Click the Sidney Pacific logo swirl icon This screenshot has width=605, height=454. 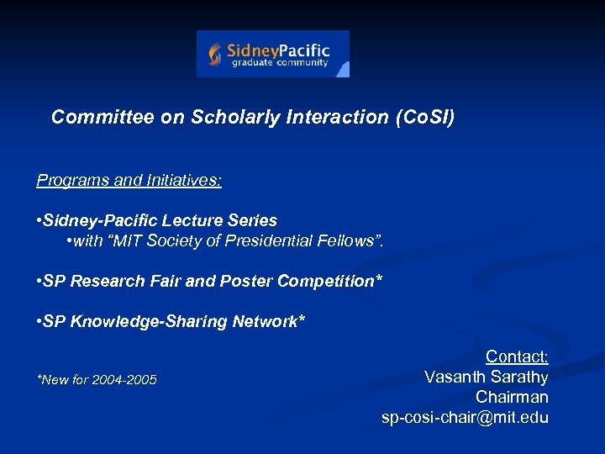tap(215, 55)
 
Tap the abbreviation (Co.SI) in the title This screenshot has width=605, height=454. tap(424, 118)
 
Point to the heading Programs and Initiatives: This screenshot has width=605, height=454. tap(129, 180)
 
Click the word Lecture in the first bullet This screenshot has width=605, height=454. tap(204, 220)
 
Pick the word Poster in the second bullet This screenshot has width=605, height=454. tap(245, 281)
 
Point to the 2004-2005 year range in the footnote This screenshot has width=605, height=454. tap(125, 381)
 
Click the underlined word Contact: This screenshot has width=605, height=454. tap(517, 357)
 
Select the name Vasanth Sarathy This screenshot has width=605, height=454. tap(486, 377)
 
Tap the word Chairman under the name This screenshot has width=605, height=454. tap(512, 397)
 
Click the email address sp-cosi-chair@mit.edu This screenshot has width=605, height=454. tap(465, 417)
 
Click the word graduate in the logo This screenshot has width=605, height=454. tap(250, 63)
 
